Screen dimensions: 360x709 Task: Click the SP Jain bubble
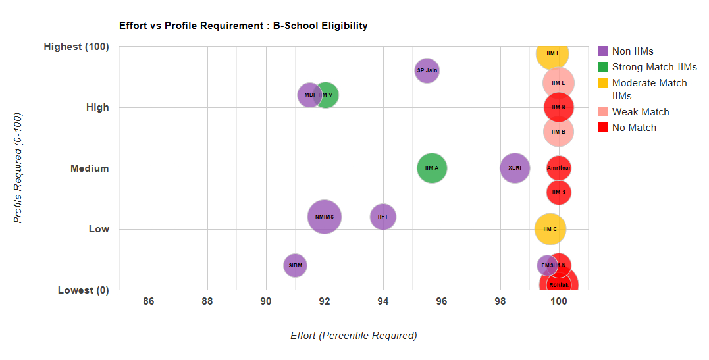click(x=427, y=70)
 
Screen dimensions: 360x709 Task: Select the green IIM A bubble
click(x=432, y=168)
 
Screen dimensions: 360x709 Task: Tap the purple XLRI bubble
click(x=515, y=168)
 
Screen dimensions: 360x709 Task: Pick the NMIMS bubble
click(x=324, y=217)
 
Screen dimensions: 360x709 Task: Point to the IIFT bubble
click(x=382, y=217)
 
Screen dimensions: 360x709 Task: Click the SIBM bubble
click(x=295, y=265)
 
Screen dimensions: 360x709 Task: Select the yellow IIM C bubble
click(x=550, y=229)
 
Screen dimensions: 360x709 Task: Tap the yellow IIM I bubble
click(x=552, y=53)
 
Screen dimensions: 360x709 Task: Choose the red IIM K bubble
click(x=559, y=107)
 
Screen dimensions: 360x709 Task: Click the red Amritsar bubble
click(x=559, y=168)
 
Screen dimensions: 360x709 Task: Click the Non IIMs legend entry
click(x=632, y=51)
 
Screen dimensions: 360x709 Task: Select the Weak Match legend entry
click(x=640, y=112)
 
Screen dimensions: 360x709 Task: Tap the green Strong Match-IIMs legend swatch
click(x=603, y=67)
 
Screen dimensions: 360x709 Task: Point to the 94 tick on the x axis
click(x=382, y=301)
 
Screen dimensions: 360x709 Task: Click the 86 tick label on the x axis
click(x=149, y=301)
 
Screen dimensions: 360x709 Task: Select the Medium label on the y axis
click(x=90, y=168)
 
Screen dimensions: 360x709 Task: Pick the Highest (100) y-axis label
click(x=76, y=47)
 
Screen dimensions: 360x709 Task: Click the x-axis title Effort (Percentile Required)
click(x=354, y=336)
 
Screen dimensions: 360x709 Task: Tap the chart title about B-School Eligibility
click(x=243, y=26)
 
